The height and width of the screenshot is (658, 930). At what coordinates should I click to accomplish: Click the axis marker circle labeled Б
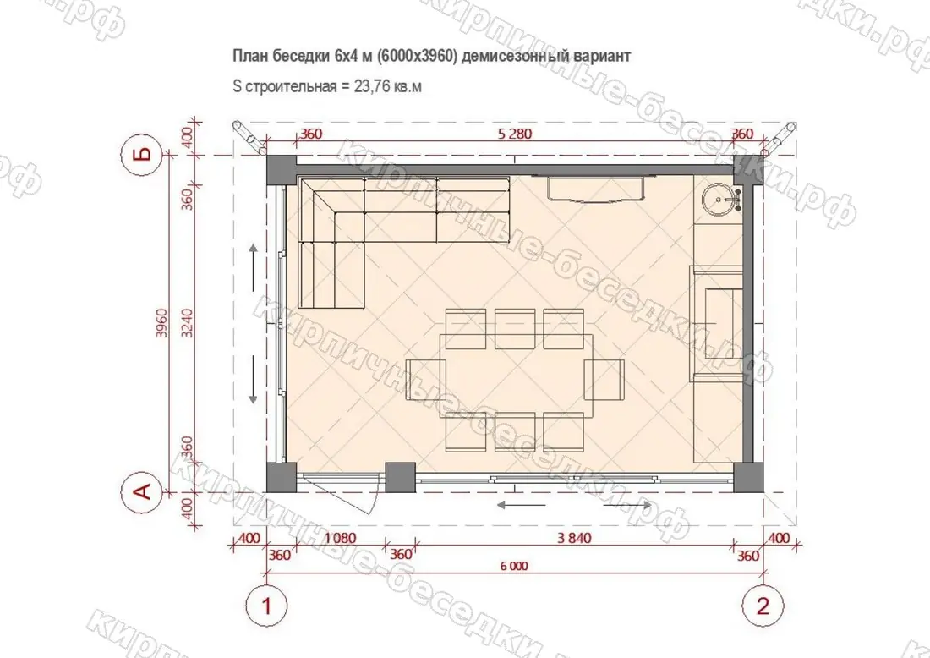(143, 156)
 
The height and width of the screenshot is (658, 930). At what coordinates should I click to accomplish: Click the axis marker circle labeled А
(143, 491)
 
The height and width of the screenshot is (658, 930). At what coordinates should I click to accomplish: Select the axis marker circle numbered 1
(267, 606)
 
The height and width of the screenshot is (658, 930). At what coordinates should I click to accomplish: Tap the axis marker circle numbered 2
(763, 606)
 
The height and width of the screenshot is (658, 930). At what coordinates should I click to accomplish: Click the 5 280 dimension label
(515, 134)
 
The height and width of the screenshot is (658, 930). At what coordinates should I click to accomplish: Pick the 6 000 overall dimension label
(514, 566)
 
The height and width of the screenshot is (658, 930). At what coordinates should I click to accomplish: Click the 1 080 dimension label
(341, 538)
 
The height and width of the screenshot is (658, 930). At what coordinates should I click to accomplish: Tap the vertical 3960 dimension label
(161, 323)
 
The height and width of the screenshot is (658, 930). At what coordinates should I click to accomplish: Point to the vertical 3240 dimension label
(187, 323)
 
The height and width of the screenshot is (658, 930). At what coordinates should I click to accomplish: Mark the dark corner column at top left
(282, 170)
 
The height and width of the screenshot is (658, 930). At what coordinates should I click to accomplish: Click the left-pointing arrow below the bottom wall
(521, 506)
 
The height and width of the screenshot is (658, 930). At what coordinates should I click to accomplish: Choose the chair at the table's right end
(604, 380)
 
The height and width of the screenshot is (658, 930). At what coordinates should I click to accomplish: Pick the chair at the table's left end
(425, 380)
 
